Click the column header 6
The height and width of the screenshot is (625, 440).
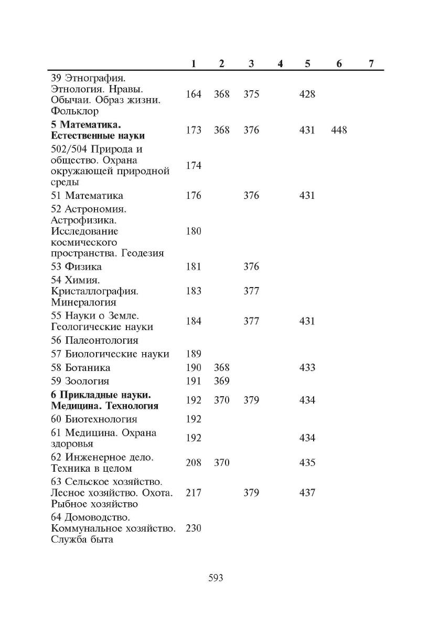[339, 63]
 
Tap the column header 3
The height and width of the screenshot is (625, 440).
[251, 63]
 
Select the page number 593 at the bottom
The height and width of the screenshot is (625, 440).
[216, 578]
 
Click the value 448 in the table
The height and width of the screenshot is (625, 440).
[339, 130]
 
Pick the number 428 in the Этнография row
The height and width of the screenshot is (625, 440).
[307, 94]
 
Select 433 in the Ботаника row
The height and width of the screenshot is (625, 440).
[307, 367]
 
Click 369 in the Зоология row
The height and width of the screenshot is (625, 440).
[222, 381]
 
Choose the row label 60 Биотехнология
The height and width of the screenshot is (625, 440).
[94, 419]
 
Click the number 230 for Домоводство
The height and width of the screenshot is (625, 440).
[194, 528]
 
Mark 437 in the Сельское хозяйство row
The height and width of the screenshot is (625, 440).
[307, 493]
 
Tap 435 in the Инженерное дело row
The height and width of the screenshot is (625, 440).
[307, 463]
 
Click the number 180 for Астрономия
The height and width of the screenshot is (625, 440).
[194, 231]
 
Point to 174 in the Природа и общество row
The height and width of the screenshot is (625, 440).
[194, 166]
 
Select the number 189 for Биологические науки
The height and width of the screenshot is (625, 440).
[194, 354]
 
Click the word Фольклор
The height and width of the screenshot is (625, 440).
[75, 111]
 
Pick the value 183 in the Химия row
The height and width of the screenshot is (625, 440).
[194, 291]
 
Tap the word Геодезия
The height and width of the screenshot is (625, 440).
[143, 253]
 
